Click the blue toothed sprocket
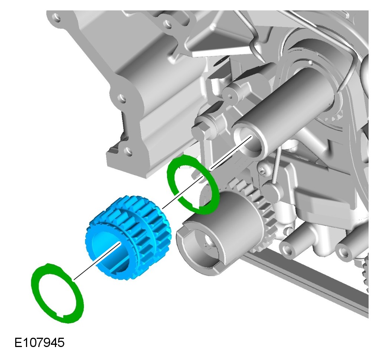point(128,237)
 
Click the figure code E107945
point(39,343)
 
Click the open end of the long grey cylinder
point(248,141)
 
